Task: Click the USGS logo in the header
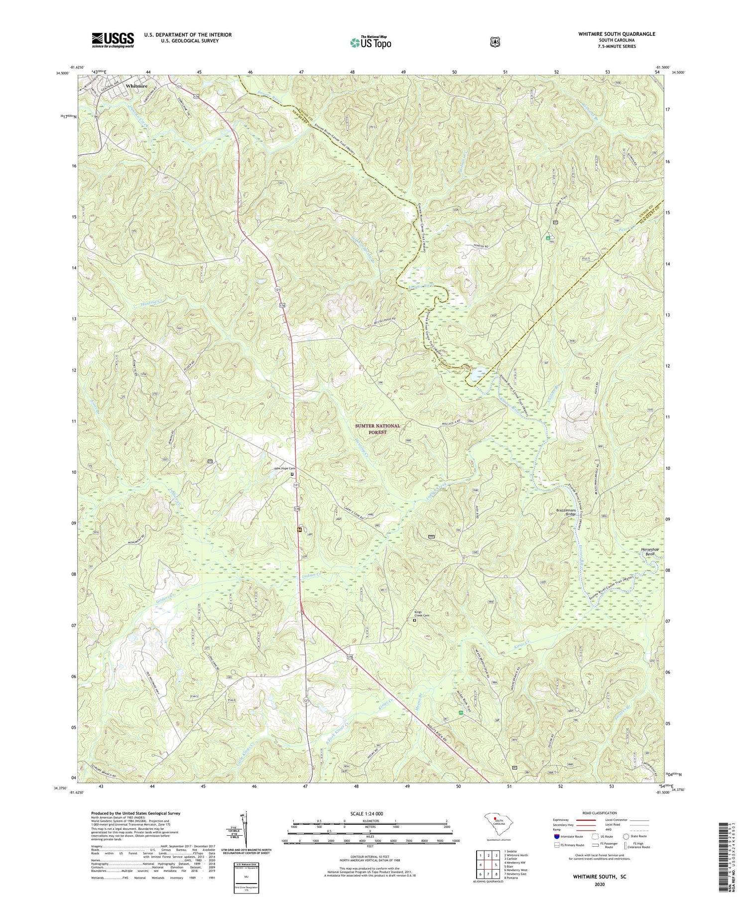tap(113, 40)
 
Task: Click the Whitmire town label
tap(137, 86)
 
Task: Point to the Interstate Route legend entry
tap(569, 836)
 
